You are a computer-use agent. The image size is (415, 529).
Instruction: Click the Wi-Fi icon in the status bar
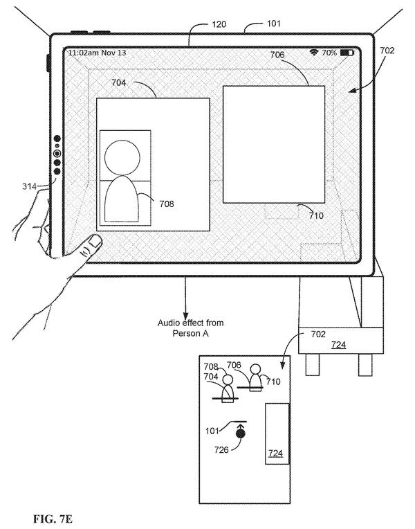click(314, 53)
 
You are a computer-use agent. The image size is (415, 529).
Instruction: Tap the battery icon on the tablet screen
click(347, 53)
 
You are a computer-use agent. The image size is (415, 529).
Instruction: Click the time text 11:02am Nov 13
click(97, 53)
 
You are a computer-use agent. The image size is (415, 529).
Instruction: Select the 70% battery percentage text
click(329, 53)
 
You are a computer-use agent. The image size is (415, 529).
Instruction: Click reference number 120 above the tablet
click(219, 24)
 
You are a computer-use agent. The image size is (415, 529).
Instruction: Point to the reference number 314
click(29, 186)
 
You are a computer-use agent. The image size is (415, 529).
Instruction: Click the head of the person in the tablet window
click(122, 158)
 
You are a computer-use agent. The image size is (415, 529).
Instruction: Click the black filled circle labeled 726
click(241, 433)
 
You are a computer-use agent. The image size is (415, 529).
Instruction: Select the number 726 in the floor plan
click(221, 449)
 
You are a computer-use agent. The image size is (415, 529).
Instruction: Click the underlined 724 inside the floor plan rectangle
click(276, 453)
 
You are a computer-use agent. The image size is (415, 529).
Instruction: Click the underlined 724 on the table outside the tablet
click(338, 344)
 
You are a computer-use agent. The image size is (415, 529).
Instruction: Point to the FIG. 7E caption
click(53, 519)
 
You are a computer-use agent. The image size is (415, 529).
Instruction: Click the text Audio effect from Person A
click(190, 328)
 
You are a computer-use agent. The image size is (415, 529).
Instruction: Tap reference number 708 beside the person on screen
click(167, 204)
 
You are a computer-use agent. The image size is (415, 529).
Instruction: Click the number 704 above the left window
click(119, 82)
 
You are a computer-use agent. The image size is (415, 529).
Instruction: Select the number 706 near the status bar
click(277, 55)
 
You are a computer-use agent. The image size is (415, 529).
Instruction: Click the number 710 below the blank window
click(316, 215)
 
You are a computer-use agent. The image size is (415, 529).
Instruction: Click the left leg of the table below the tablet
click(312, 364)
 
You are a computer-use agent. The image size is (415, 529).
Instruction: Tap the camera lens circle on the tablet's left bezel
click(57, 154)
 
